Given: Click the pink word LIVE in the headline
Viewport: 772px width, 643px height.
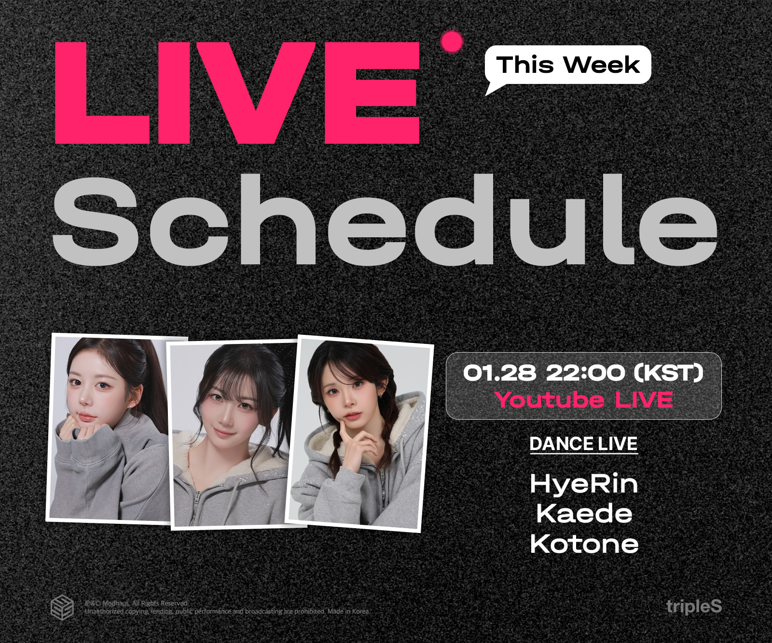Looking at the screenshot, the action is [237, 93].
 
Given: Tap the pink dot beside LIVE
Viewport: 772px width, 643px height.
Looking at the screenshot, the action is [452, 42].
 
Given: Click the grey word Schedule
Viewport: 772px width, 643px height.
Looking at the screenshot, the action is [385, 219].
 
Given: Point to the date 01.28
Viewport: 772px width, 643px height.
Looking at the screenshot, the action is [499, 372].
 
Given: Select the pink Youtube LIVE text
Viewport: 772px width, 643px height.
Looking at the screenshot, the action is [584, 400].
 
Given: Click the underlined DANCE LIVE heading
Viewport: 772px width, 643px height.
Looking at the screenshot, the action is [584, 444].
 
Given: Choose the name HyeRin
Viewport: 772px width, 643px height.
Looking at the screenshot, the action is [584, 484].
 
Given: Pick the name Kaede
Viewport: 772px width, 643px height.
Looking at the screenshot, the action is [584, 513].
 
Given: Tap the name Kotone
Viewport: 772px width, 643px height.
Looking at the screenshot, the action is [584, 544].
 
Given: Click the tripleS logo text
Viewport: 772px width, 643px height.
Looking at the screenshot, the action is [694, 607].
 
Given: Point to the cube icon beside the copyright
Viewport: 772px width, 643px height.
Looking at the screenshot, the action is [62, 607].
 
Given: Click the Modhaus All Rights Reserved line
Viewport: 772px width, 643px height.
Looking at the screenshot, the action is [137, 603].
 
